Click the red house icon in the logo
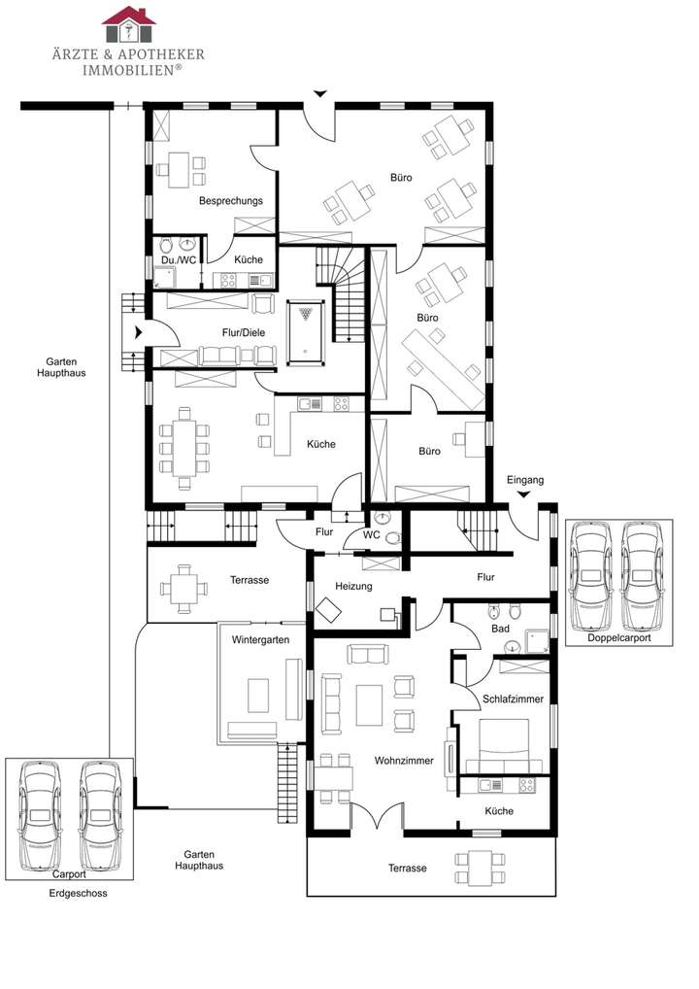pos(128,17)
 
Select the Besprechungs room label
pos(230,201)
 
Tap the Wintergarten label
pos(262,640)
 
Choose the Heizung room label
pos(353,587)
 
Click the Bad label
pos(500,629)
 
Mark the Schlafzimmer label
pos(513,698)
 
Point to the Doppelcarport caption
pos(618,638)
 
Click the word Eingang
pos(525,480)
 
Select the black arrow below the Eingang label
pos(524,495)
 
